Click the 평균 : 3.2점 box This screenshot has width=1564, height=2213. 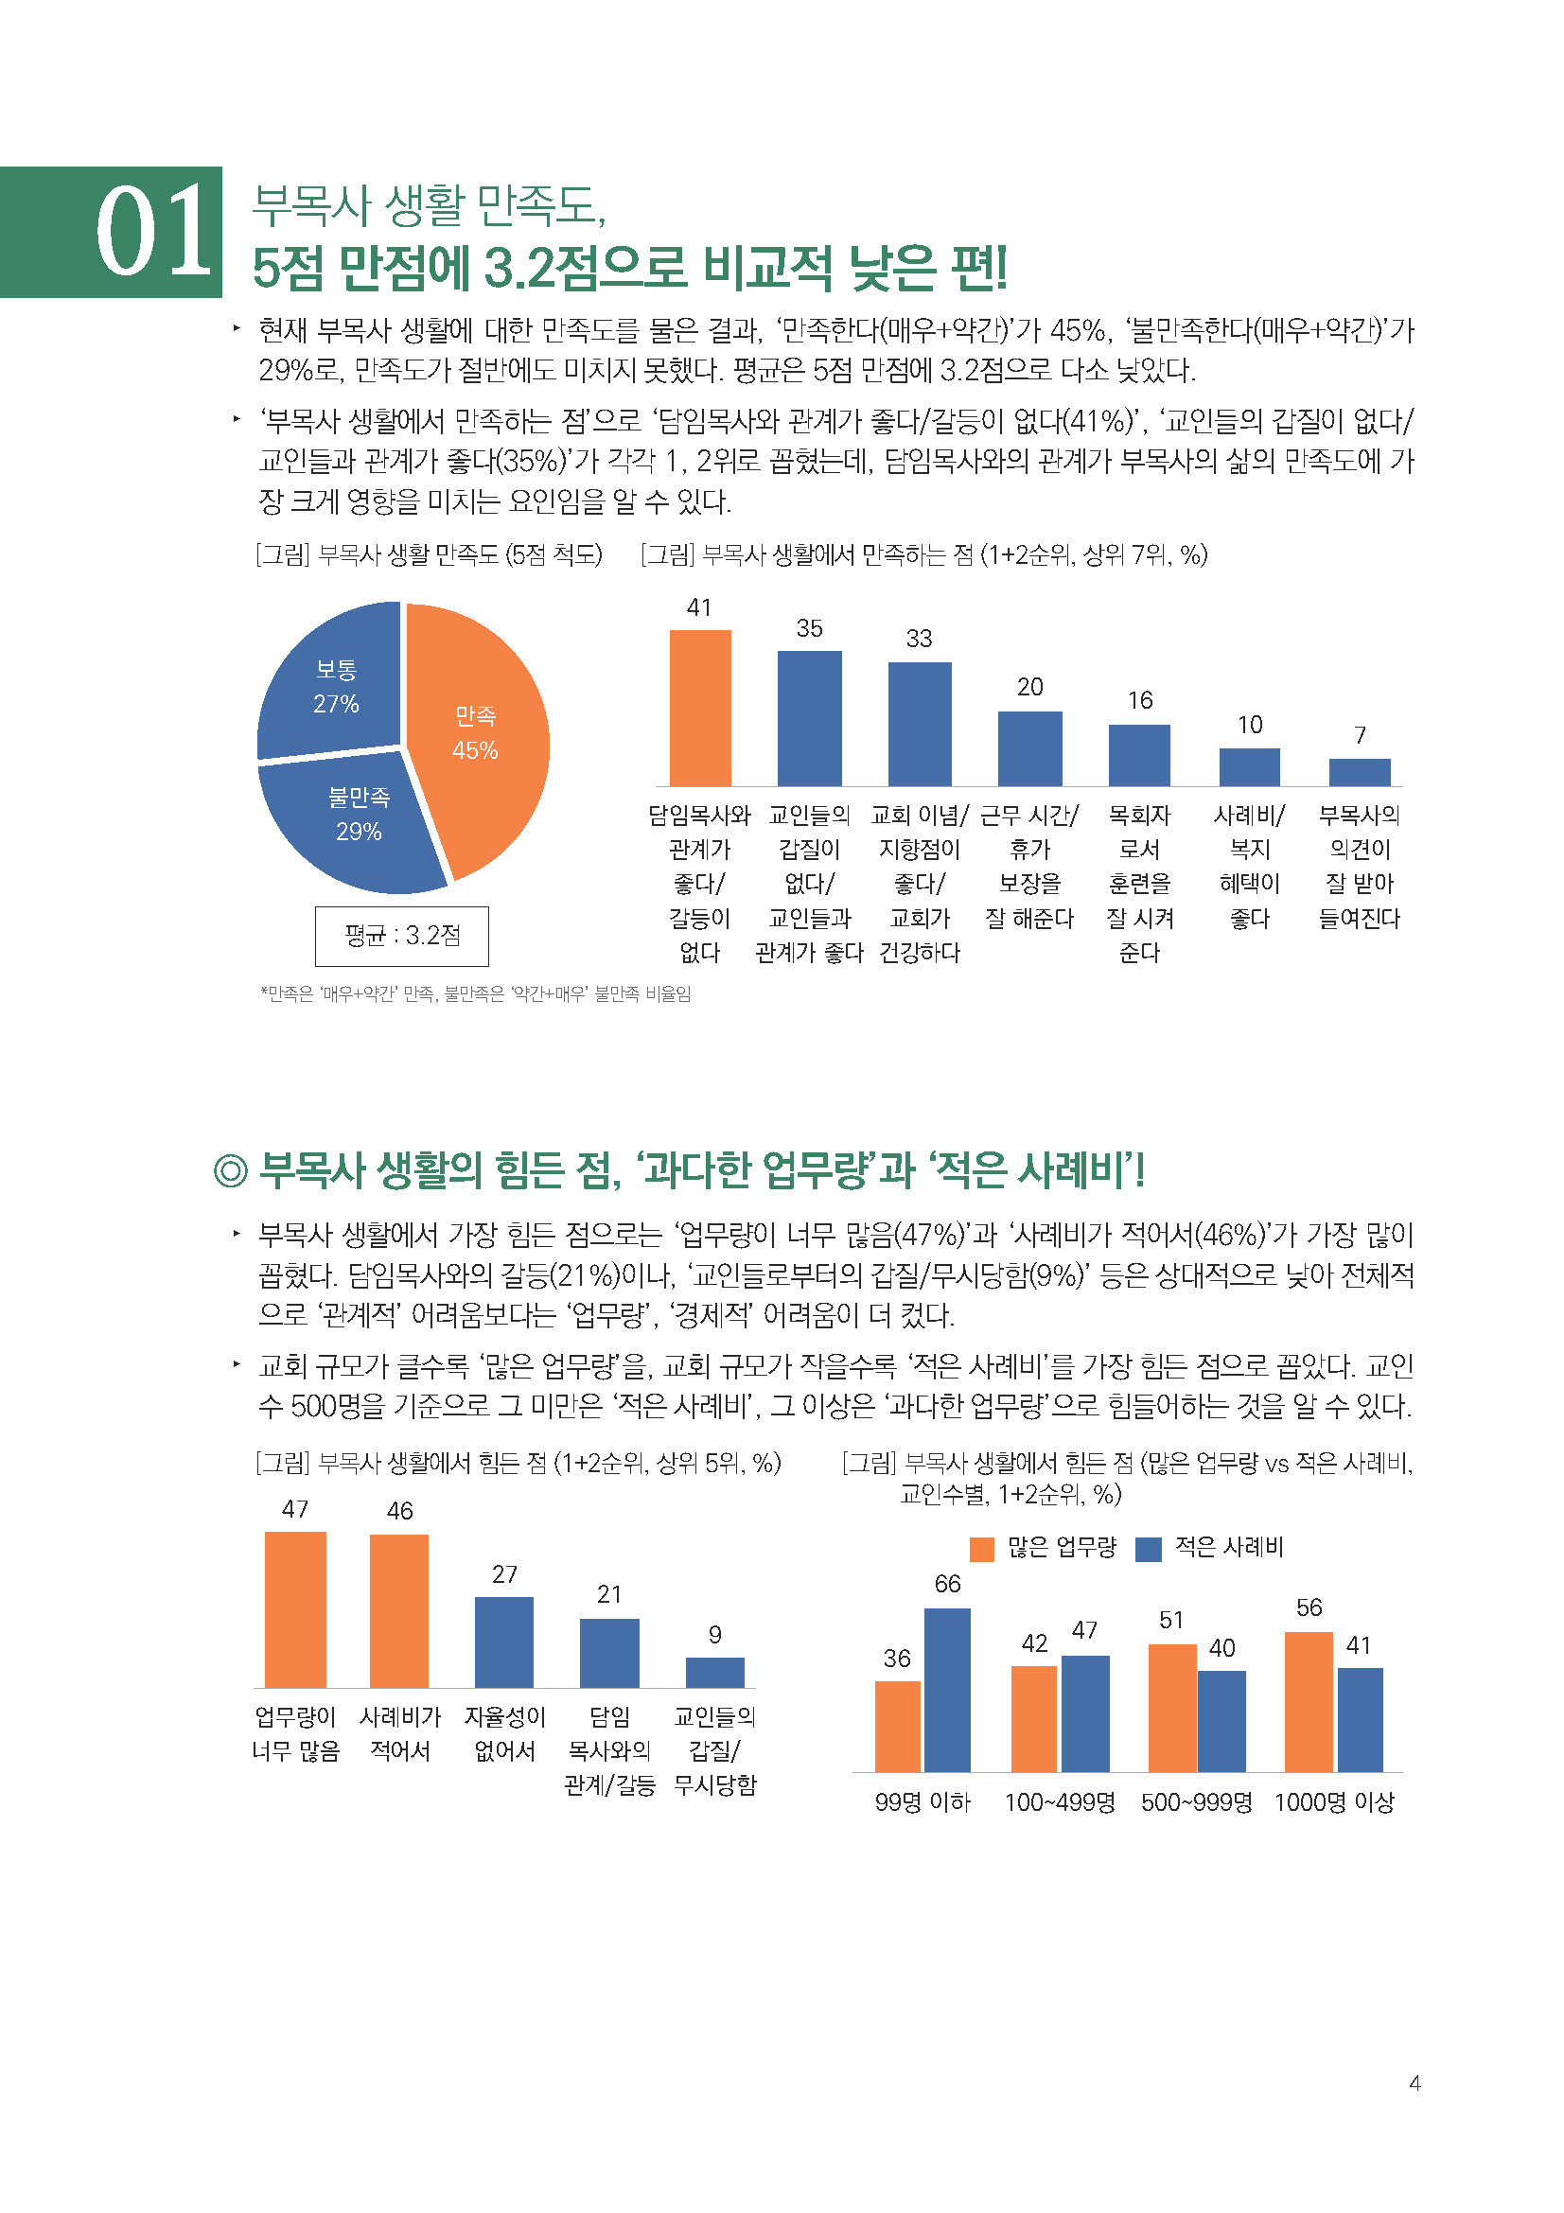[401, 935]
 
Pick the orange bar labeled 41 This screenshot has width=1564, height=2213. [699, 708]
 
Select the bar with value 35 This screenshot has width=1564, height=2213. [810, 718]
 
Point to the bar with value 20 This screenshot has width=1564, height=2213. [1029, 749]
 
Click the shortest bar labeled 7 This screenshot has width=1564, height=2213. [1359, 772]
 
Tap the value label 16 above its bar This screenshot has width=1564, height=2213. [1140, 701]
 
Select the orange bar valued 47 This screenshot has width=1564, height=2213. [295, 1608]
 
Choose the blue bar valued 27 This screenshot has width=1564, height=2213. [504, 1642]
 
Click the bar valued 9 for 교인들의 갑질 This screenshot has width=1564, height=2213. [714, 1672]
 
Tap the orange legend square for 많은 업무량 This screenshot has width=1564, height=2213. [981, 1549]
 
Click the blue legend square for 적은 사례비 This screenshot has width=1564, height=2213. [1148, 1549]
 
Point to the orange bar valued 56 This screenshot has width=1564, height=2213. [1309, 1702]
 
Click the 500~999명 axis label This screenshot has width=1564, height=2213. [1196, 1802]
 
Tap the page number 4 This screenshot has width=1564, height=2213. [1415, 2082]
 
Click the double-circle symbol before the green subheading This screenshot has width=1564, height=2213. [230, 1171]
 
